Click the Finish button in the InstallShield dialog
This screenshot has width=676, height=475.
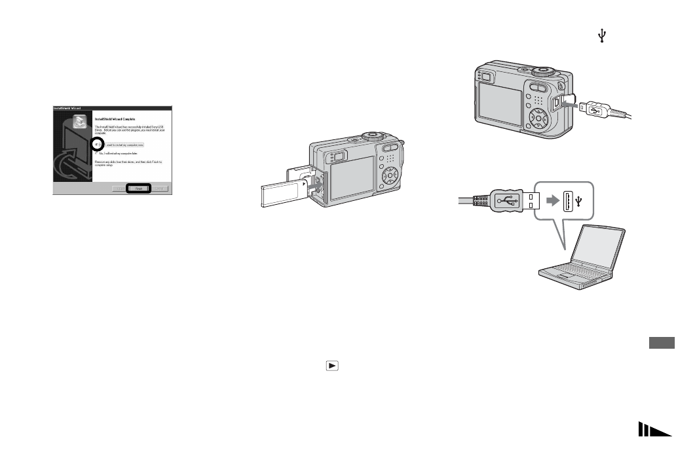pyautogui.click(x=138, y=188)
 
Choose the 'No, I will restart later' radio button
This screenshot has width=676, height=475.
pyautogui.click(x=97, y=152)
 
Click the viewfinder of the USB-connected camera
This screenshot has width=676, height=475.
pyautogui.click(x=485, y=77)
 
